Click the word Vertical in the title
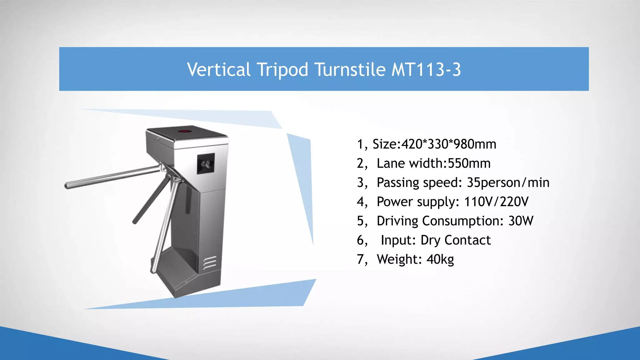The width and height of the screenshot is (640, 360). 218,69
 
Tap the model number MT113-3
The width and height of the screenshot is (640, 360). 426,69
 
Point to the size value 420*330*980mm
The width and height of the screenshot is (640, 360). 449,144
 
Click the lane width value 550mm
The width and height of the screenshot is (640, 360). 469,163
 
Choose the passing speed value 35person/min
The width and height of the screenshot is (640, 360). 508,182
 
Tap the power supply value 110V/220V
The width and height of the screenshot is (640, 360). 496,202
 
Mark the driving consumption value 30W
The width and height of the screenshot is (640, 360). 521,221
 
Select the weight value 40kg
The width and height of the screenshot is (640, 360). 440,259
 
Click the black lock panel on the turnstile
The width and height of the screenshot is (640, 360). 206,163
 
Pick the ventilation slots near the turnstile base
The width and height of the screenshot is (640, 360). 210,262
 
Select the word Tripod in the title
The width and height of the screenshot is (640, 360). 282,69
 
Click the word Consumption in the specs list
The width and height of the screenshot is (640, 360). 462,221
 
